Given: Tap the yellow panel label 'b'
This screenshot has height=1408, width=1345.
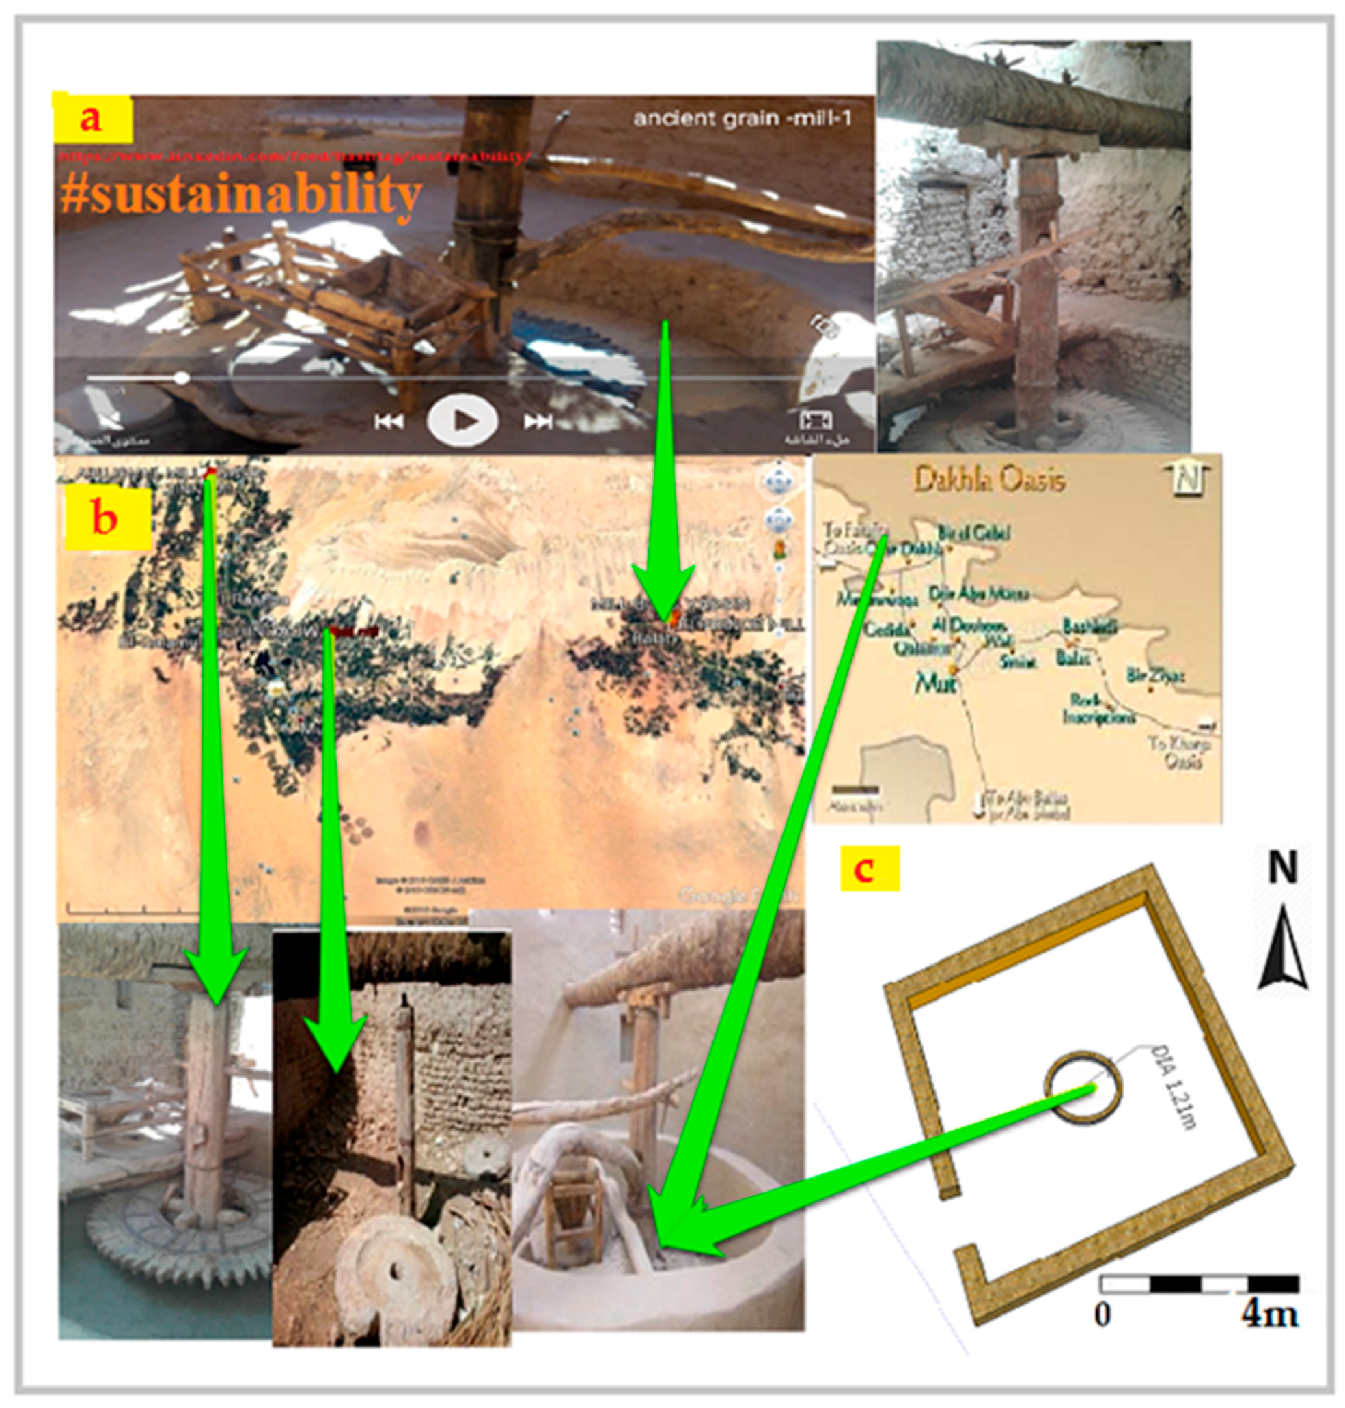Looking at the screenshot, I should click(107, 518).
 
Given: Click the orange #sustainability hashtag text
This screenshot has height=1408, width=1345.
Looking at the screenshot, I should click(241, 194).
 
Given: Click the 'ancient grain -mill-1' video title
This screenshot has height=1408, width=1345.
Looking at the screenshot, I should click(741, 118).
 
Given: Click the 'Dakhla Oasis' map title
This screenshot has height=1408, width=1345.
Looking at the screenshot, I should click(989, 479).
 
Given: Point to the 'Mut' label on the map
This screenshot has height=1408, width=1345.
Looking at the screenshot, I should click(935, 683).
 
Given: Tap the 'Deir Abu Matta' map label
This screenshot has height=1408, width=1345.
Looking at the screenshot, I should click(979, 593).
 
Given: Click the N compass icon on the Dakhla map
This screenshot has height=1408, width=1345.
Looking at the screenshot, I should click(1187, 478).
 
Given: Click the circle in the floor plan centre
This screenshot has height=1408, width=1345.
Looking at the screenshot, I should click(1082, 1089).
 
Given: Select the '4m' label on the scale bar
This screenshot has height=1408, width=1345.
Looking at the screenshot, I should click(1269, 1313).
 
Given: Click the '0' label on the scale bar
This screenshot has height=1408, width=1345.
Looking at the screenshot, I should click(1103, 1313).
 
